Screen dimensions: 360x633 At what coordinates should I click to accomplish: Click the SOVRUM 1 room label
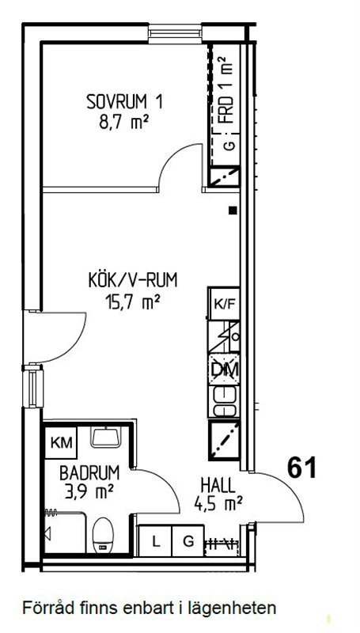point(125,102)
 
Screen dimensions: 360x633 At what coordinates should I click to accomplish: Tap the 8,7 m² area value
point(123,122)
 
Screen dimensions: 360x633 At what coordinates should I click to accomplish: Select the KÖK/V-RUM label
point(133,281)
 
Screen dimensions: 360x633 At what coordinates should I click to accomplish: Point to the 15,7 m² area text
point(131,301)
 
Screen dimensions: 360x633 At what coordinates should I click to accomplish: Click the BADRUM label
point(89,472)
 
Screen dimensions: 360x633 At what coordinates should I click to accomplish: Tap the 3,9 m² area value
point(89,491)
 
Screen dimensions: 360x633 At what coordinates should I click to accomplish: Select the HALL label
point(218,485)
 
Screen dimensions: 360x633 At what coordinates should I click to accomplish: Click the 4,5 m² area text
point(218,503)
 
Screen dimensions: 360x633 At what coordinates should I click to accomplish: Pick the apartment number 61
point(302,468)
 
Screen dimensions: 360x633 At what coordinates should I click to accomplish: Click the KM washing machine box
point(61,443)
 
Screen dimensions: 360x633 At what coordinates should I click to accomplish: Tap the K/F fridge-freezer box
point(224,304)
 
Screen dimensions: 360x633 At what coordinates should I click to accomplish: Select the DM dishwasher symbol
point(224,370)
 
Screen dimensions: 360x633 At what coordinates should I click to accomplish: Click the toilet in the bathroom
point(104,536)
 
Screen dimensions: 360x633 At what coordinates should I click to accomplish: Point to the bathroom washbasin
point(106,438)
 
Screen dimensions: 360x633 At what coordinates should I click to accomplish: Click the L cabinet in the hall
point(155,541)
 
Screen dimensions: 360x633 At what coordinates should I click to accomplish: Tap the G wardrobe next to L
point(188,541)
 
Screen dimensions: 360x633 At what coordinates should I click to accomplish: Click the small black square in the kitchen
point(233,210)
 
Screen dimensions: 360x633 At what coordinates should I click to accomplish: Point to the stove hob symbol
point(224,401)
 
